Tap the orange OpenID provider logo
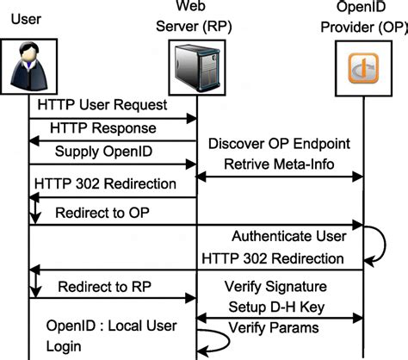(x=362, y=70)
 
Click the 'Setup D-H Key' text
(x=281, y=306)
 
